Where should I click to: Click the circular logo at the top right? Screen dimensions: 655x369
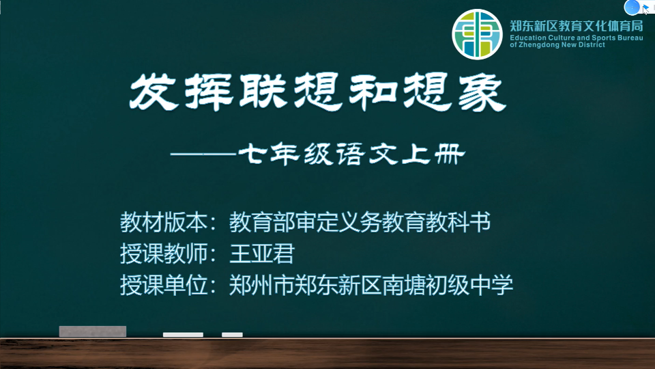[x=477, y=34]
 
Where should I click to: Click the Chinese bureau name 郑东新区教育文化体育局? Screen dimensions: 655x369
[x=577, y=26]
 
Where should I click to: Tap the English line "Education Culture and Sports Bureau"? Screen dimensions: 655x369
[x=577, y=38]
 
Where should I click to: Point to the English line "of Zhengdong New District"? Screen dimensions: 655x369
[x=557, y=45]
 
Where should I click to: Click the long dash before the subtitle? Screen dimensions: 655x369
[x=203, y=154]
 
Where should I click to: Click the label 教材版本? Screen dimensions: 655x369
[x=164, y=221]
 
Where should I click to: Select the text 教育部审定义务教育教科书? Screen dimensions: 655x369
[x=360, y=221]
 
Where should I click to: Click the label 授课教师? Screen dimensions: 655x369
[x=164, y=253]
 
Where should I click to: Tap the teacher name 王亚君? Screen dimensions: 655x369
[x=262, y=253]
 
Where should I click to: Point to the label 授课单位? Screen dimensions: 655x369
[x=164, y=285]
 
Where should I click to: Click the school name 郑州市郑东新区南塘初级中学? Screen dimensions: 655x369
[x=371, y=285]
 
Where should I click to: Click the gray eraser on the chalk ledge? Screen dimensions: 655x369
[x=93, y=331]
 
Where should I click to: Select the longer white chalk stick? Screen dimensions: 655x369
[x=183, y=335]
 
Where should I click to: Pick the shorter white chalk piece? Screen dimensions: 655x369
[x=232, y=335]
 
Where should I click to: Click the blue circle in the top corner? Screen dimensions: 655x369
[x=632, y=7]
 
